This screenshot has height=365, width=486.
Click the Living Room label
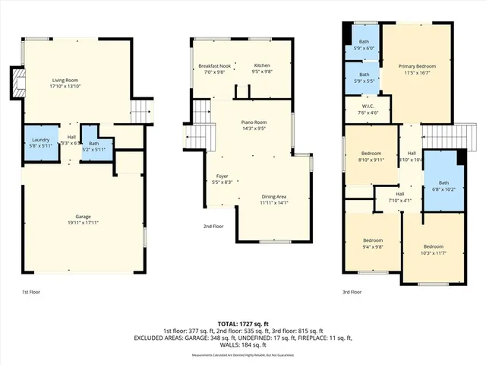pos(65,81)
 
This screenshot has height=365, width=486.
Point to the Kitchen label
pos(262,66)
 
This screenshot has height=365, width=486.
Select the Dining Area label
pos(274,196)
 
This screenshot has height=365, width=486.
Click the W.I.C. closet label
pos(368,106)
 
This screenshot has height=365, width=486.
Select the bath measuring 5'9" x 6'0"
pos(364,44)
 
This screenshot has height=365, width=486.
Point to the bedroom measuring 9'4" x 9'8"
pos(371,243)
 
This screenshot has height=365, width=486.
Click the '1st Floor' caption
pos(32,291)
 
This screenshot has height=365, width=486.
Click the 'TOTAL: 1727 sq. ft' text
pos(243,324)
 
